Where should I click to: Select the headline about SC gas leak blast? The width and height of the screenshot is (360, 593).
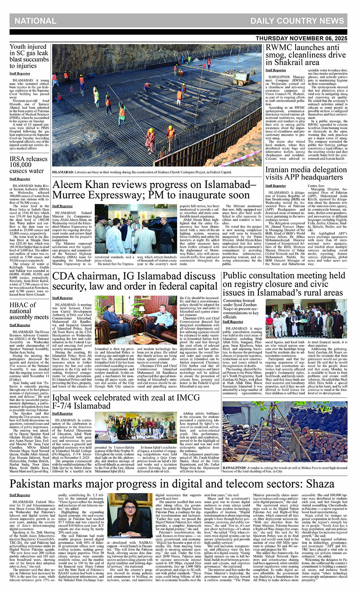click(29, 56)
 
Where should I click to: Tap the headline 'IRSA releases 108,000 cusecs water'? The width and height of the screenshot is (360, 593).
click(27, 164)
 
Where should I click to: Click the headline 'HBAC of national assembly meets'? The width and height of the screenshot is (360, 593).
click(29, 311)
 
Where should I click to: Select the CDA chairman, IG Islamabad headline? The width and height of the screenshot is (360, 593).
click(140, 281)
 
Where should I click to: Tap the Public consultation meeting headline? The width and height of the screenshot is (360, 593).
click(289, 284)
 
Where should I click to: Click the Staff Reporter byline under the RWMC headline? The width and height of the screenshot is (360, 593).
click(276, 70)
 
